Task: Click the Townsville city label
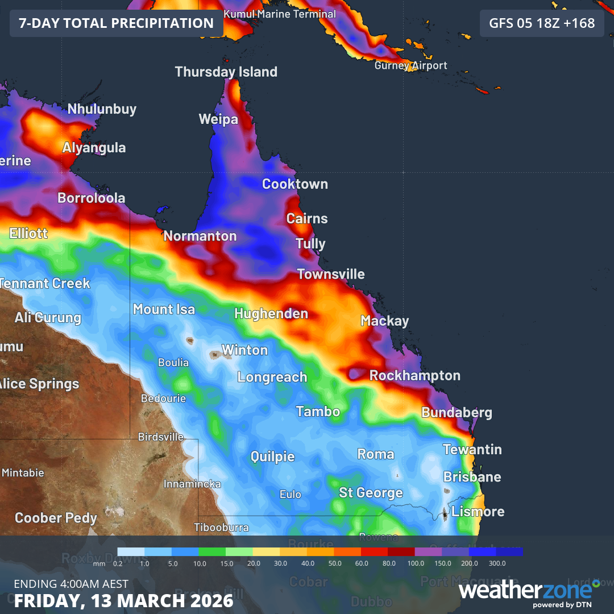(331, 274)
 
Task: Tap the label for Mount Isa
(164, 309)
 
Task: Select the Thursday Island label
(226, 72)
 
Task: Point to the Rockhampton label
(415, 376)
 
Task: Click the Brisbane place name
(472, 476)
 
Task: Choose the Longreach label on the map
(272, 377)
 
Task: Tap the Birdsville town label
(161, 437)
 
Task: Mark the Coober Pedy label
(56, 518)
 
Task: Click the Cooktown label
(295, 184)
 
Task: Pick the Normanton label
(200, 236)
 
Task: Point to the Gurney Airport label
(410, 65)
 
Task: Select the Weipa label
(218, 119)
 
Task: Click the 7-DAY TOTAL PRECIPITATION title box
(117, 23)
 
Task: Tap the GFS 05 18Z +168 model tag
(542, 23)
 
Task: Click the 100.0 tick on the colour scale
(416, 563)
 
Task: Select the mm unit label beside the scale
(99, 563)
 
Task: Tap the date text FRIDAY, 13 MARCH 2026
(124, 600)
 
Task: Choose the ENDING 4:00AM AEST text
(71, 584)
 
